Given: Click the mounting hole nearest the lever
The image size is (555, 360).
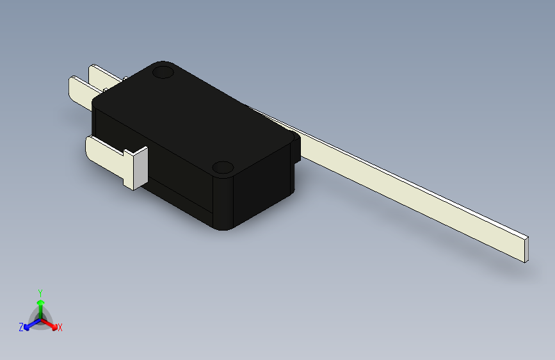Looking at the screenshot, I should tap(222, 168).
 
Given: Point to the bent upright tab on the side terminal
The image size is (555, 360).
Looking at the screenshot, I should tap(136, 168).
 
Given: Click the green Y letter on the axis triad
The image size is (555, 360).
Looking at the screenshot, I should tap(40, 292).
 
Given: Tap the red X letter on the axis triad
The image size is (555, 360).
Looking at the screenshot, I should tap(60, 328).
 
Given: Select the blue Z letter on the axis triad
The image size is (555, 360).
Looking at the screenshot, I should tap(21, 327).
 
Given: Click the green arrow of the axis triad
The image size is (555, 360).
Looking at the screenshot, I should tap(40, 304).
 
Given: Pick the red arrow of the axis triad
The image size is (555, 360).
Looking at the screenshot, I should tap(52, 323).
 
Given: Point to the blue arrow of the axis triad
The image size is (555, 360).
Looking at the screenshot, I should tap(29, 324).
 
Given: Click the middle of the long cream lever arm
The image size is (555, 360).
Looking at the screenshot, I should tap(410, 192).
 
